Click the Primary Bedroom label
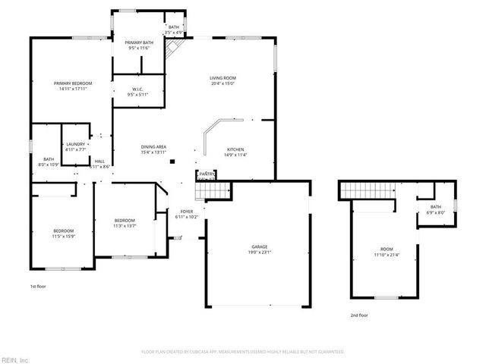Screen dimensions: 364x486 tap(72, 83)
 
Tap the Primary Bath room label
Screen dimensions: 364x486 tap(138, 42)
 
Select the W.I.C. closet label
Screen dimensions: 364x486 tap(138, 89)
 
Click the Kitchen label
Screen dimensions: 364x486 tap(235, 149)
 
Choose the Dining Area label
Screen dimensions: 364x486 tap(153, 146)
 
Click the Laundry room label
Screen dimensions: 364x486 tap(75, 143)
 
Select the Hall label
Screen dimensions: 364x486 tap(99, 161)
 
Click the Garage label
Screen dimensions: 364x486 tap(260, 247)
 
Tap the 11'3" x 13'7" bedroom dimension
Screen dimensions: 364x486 tap(125, 225)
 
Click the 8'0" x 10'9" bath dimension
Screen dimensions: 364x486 tap(48, 165)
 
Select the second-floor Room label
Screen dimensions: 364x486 tap(387, 249)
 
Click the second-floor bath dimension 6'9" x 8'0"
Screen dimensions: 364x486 tap(435, 213)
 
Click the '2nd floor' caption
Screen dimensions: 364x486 tap(359, 315)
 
